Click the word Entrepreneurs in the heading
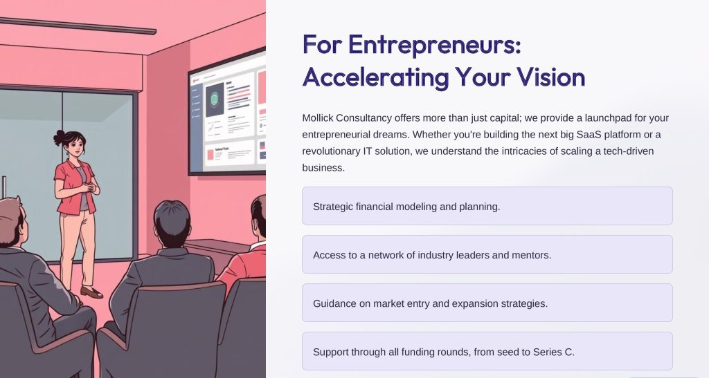(435, 45)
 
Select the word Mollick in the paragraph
(317, 117)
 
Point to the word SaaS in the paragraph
(589, 135)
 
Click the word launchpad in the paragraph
(608, 118)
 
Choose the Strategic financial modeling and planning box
(487, 206)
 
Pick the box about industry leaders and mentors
(487, 254)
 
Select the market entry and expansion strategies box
(487, 303)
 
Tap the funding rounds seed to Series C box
(487, 351)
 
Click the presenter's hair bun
(60, 137)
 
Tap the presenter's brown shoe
(91, 292)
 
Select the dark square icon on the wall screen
(215, 100)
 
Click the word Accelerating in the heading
(376, 77)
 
